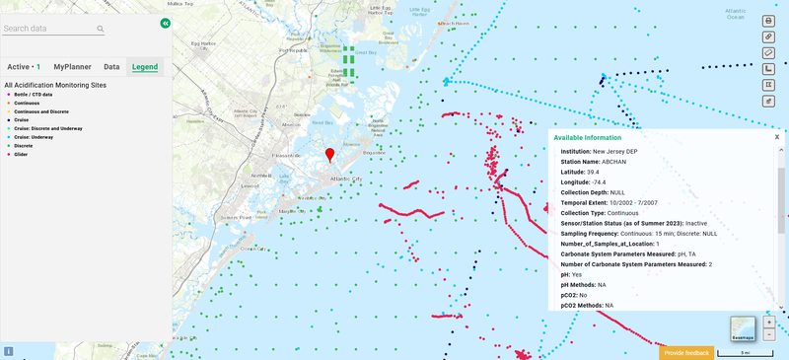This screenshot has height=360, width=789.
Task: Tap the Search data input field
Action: pyautogui.click(x=49, y=29)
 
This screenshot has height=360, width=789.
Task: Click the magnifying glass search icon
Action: pyautogui.click(x=101, y=30)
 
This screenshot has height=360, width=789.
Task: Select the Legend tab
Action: pyautogui.click(x=145, y=67)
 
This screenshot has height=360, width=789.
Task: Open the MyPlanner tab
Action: pyautogui.click(x=73, y=67)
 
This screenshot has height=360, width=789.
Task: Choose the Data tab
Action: pyautogui.click(x=111, y=67)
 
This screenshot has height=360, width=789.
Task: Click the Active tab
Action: pyautogui.click(x=24, y=67)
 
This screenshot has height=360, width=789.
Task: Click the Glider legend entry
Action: pyautogui.click(x=21, y=155)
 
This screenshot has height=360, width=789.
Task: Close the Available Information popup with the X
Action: pyautogui.click(x=776, y=137)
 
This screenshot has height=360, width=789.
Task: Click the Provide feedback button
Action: pyautogui.click(x=686, y=352)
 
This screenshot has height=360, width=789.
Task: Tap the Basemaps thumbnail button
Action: pyautogui.click(x=743, y=328)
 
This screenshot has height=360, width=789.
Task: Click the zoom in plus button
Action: pyautogui.click(x=769, y=323)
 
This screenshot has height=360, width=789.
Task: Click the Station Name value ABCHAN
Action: pyautogui.click(x=614, y=162)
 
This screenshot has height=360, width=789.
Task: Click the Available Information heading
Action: pyautogui.click(x=587, y=138)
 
